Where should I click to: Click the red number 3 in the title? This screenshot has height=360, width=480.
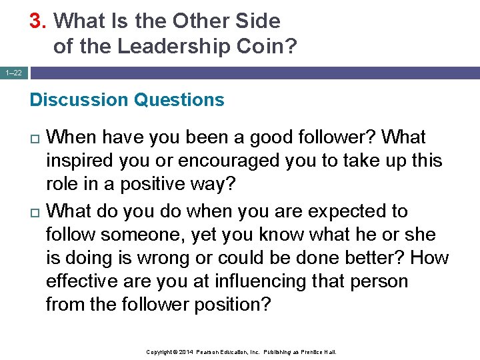click(x=35, y=21)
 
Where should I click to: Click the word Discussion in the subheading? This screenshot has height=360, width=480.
click(x=79, y=100)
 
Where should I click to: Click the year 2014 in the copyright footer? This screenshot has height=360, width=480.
click(x=185, y=351)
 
